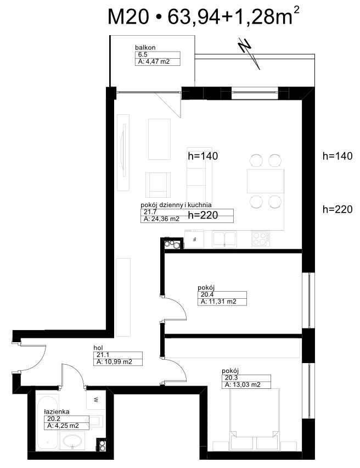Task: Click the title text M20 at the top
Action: [x=128, y=16]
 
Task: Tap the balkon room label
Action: [x=145, y=47]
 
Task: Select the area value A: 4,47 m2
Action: [x=154, y=62]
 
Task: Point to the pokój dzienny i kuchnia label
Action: [x=176, y=205]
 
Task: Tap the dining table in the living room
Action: [x=266, y=181]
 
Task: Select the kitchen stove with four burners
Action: [x=261, y=239]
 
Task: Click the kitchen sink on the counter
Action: [x=224, y=239]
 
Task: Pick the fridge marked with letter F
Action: [x=194, y=239]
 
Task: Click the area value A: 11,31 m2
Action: [x=218, y=302]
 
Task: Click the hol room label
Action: [x=98, y=348]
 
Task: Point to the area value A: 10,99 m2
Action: [x=114, y=362]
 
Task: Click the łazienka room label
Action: [x=57, y=411]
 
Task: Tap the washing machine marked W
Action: [x=95, y=399]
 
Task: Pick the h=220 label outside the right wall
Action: [x=337, y=209]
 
